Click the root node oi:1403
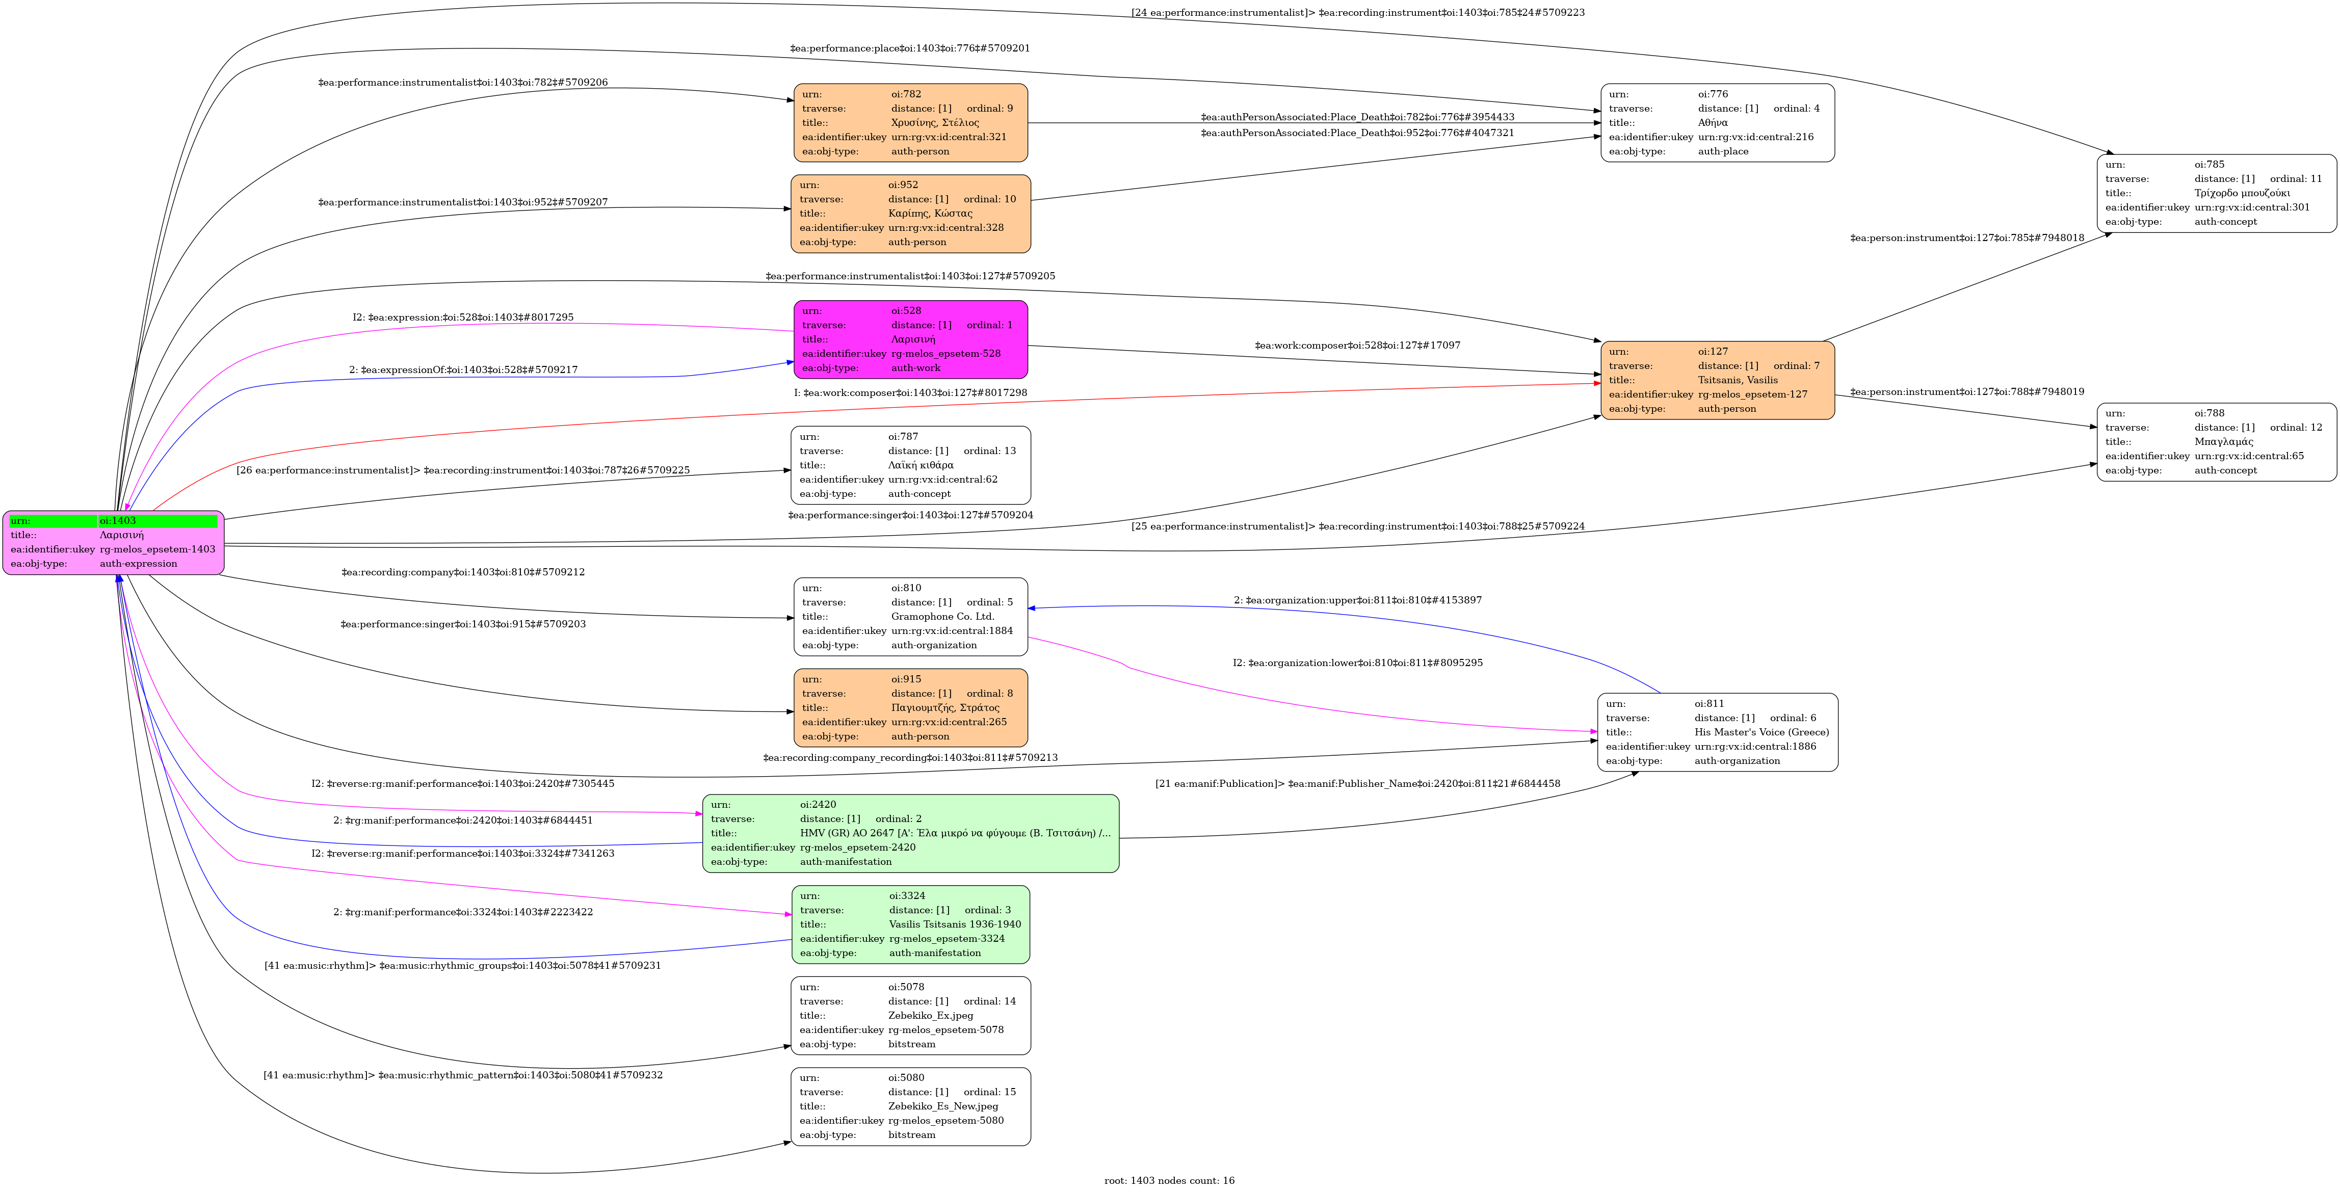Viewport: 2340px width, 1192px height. (114, 542)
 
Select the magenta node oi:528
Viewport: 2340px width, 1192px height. (910, 339)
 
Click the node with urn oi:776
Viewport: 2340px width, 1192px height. (1717, 123)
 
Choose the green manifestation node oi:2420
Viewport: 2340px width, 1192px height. (910, 833)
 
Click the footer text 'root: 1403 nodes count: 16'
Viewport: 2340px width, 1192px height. (1169, 1180)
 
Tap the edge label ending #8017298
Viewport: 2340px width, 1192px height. (910, 392)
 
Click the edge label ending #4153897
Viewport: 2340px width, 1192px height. (1357, 600)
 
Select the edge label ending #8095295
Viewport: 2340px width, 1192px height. (1357, 663)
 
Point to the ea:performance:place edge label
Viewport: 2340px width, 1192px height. (909, 48)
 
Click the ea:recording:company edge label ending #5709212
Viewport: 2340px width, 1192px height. (462, 572)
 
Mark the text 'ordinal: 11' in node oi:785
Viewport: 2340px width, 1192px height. (2296, 179)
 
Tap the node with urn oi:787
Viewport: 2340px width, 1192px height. (910, 465)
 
